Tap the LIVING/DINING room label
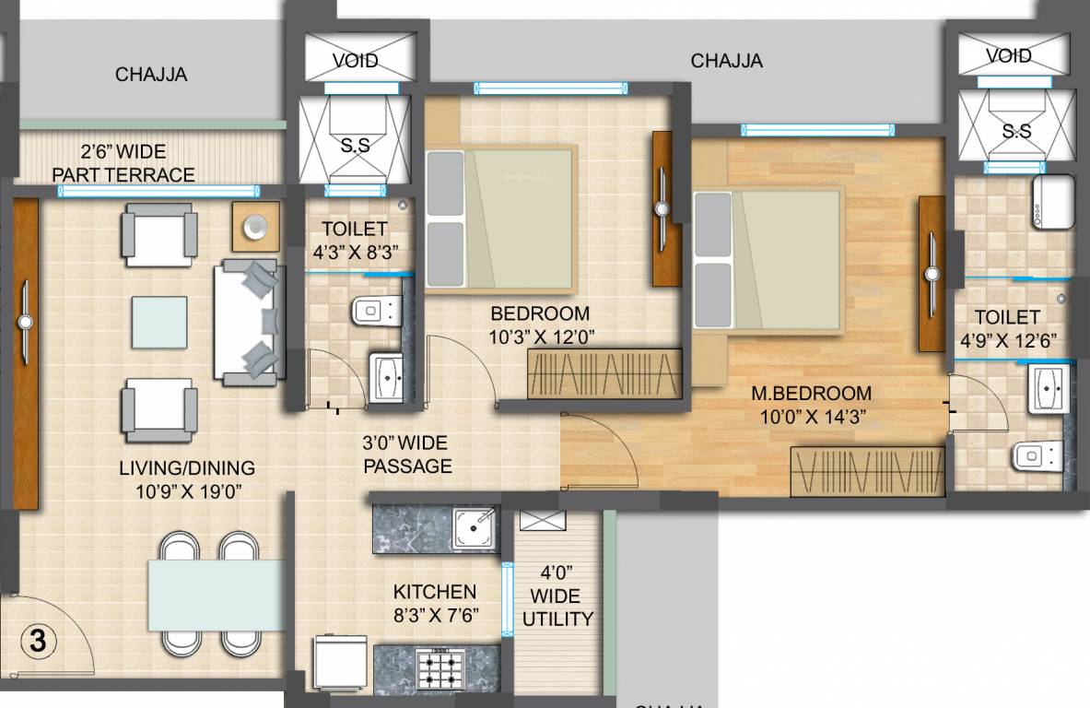click(x=187, y=479)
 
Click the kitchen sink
click(x=475, y=528)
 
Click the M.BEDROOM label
click(x=811, y=405)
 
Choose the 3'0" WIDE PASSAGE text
click(x=408, y=454)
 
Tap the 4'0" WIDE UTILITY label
click(x=557, y=596)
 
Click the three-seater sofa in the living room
click(x=249, y=320)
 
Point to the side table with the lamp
click(x=255, y=225)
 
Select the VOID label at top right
click(x=1008, y=56)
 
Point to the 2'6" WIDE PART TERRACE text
click(x=123, y=163)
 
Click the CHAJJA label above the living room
click(x=151, y=75)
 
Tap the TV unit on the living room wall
click(x=26, y=353)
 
